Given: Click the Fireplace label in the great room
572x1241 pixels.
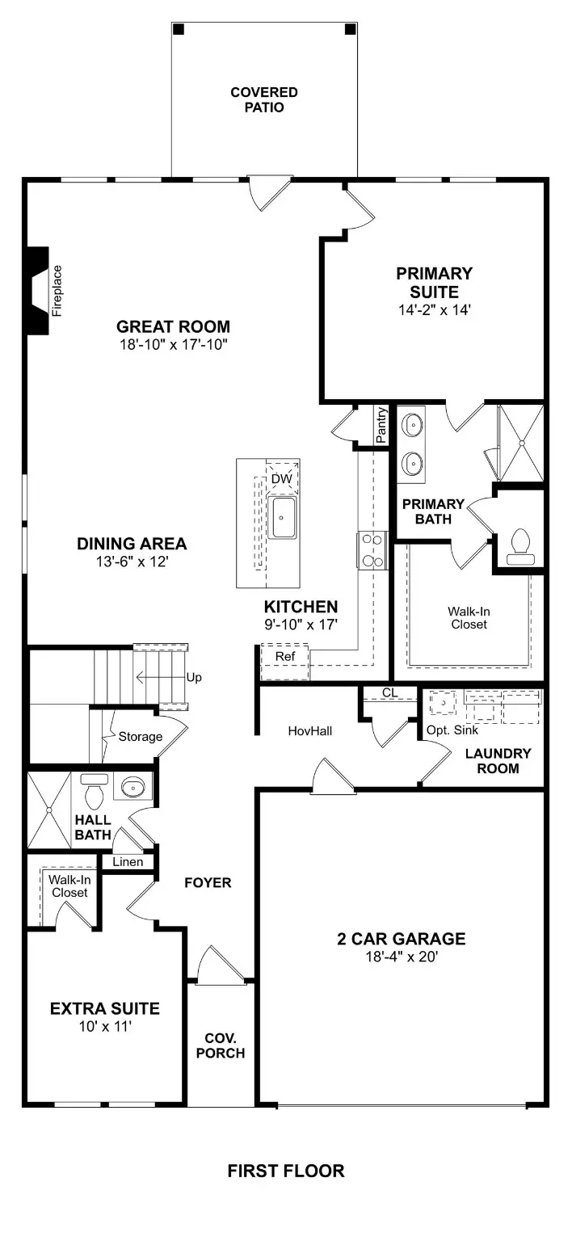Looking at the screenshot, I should (x=57, y=290).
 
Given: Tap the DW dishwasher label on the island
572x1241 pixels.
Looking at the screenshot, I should (x=280, y=479).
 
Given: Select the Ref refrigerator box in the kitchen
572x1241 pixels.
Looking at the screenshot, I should (x=285, y=656).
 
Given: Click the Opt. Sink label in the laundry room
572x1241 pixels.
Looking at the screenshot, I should (x=452, y=730).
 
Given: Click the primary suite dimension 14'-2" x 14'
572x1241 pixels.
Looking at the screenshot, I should (x=433, y=309).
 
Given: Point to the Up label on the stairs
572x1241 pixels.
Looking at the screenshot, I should (x=194, y=677).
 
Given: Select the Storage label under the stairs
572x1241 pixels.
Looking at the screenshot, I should (x=141, y=736).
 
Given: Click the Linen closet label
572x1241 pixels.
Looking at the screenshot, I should (x=128, y=862).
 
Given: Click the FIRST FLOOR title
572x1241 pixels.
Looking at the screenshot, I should (x=285, y=1171).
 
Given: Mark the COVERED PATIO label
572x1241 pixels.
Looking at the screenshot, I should (x=263, y=100).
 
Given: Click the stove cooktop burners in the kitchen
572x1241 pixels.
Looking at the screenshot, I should (x=373, y=550).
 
